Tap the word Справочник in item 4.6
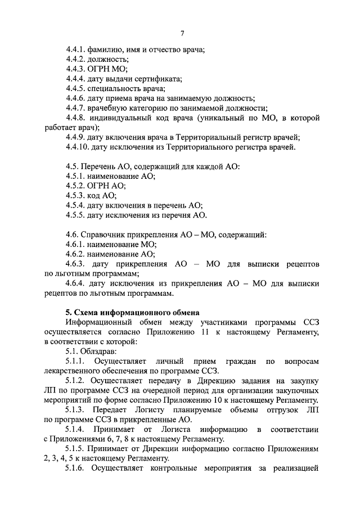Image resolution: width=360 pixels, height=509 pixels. click(x=103, y=234)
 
